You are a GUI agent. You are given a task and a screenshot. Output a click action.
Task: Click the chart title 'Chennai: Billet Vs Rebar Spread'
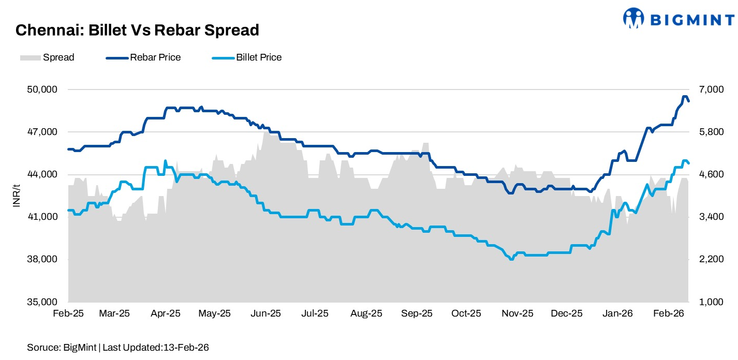click(137, 31)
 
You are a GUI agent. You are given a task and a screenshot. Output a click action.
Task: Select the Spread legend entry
click(47, 57)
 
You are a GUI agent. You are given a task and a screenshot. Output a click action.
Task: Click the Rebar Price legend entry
click(143, 57)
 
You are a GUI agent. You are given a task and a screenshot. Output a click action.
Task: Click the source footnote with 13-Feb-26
click(119, 348)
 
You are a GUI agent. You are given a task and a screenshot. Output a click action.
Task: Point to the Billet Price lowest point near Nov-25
click(511, 259)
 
